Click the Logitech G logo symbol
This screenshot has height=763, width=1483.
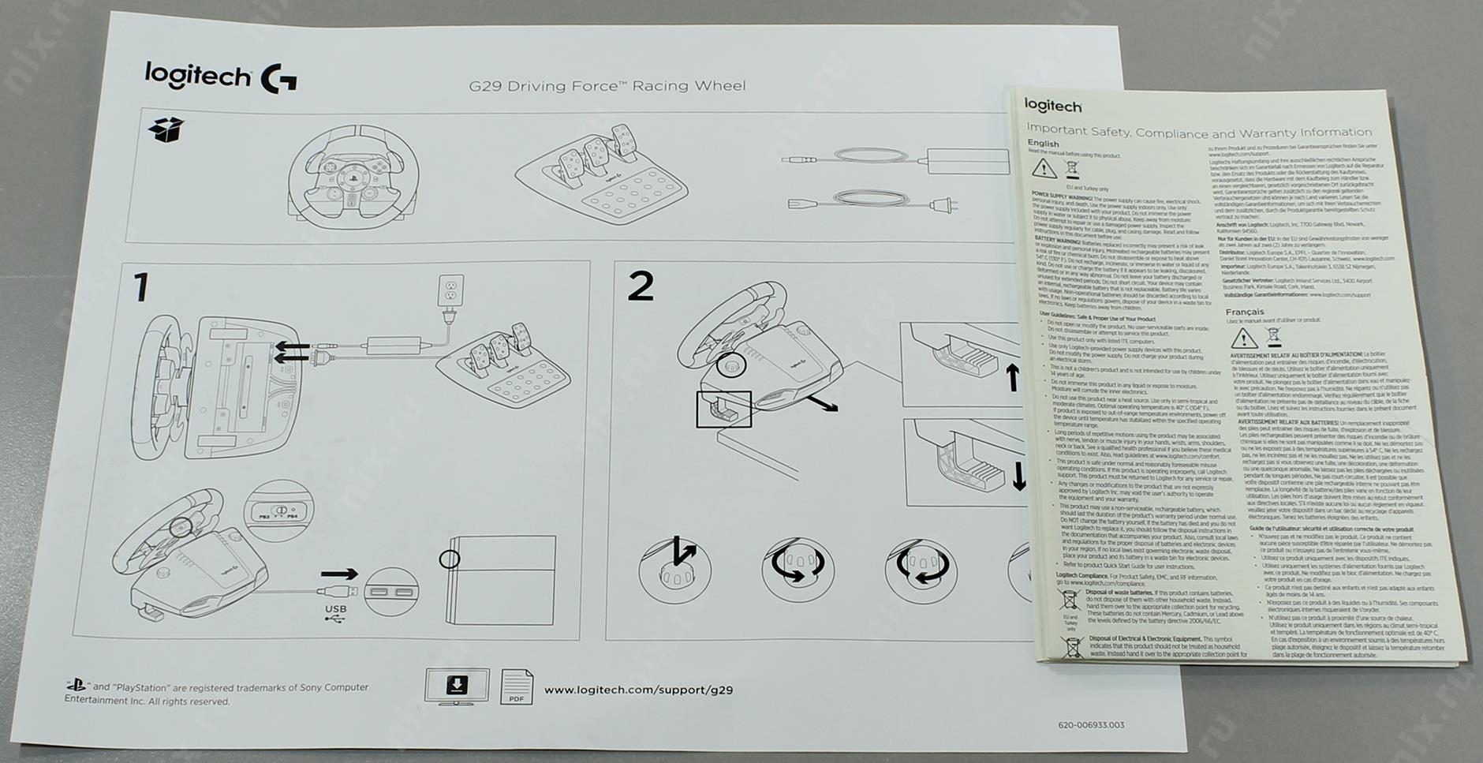[x=278, y=80]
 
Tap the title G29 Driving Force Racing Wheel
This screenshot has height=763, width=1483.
[x=607, y=86]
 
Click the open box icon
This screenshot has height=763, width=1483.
[x=166, y=130]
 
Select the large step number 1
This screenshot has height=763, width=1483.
[x=141, y=288]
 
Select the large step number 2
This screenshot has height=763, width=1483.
[x=641, y=286]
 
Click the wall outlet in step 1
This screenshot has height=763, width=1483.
[x=450, y=290]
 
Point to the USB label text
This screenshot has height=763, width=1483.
[x=335, y=609]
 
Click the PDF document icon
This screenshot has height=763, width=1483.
[x=517, y=687]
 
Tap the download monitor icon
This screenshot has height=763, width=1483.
[x=457, y=686]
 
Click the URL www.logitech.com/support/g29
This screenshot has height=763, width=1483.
[x=638, y=690]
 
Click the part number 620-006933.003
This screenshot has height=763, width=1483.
[x=1091, y=725]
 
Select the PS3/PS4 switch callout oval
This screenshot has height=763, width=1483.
[x=278, y=511]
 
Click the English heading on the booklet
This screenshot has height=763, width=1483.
[x=1043, y=144]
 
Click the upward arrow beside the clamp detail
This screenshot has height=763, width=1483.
[x=1013, y=377]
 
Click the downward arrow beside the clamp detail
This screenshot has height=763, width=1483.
[x=1018, y=476]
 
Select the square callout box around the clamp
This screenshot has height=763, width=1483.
[x=723, y=409]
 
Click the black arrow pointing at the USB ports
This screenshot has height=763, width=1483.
[x=339, y=574]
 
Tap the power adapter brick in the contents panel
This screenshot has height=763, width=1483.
[x=968, y=161]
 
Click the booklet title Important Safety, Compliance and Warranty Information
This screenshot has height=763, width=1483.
[x=1198, y=132]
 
